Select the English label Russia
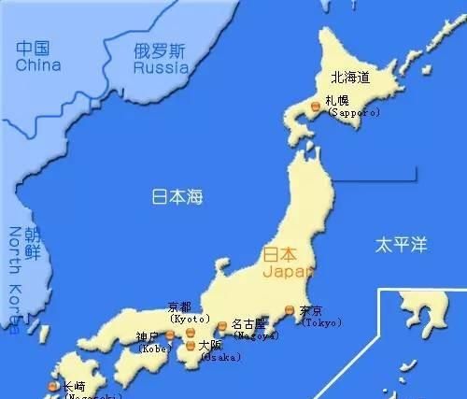pos(161,68)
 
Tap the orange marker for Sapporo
pos(316,108)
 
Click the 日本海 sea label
pos(177,197)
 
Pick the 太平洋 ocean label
pos(401,245)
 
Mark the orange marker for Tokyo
pos(290,310)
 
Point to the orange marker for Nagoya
pos(222,326)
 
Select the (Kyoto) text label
pos(189,319)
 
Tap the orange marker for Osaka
pos(191,346)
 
